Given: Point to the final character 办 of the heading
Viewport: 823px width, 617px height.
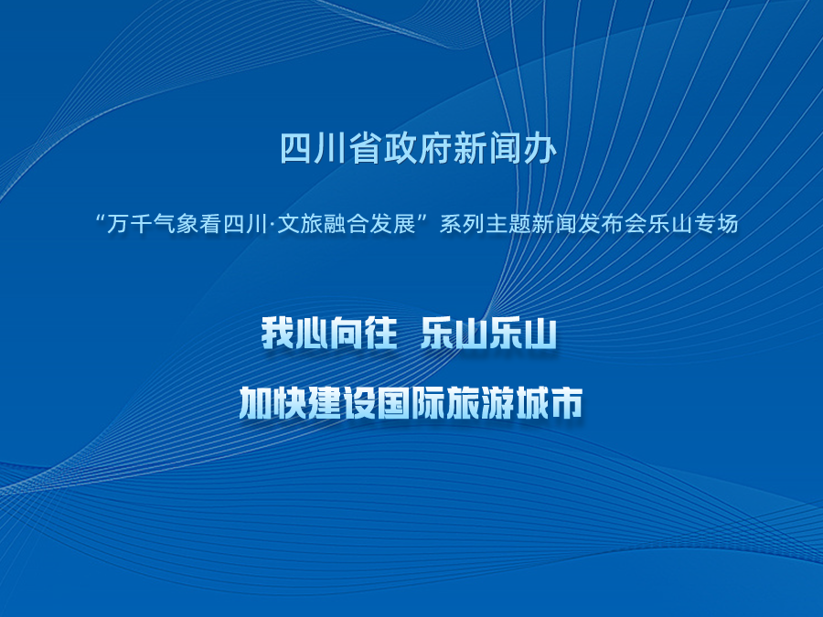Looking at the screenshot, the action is click(539, 148).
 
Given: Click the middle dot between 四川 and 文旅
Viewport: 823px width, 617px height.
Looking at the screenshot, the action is click(271, 225).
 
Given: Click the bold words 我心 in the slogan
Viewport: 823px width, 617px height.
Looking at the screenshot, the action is click(294, 333).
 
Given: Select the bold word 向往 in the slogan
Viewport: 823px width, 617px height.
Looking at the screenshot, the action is click(363, 333).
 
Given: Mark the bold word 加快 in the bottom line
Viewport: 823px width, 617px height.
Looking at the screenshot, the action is click(273, 403).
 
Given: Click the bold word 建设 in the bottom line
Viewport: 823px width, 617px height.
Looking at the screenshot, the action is click(342, 403).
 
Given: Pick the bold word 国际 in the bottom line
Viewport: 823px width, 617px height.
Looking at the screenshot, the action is click(411, 403).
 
